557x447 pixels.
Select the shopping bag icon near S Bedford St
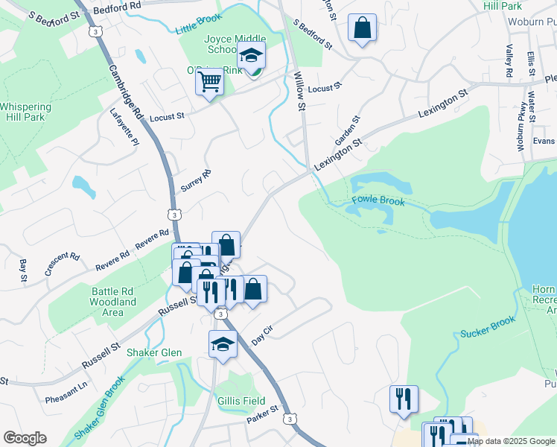362,29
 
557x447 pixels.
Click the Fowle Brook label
378,201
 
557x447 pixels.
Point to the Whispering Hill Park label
26,112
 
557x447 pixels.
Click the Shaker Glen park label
154,352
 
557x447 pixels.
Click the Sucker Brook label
488,326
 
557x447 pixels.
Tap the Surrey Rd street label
201,182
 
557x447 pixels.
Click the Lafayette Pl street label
124,127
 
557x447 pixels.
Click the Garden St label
346,131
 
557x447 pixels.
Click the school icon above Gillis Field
223,344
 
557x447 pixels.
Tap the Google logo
25,438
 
